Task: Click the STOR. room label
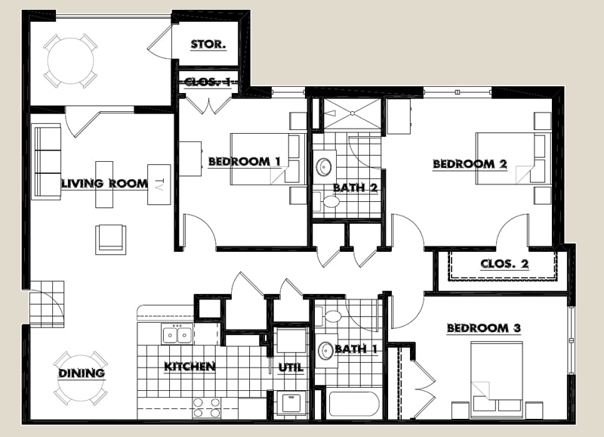[208, 44]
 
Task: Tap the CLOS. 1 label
[208, 82]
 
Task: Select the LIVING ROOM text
[93, 183]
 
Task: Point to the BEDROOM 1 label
[245, 161]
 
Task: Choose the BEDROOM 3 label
[484, 328]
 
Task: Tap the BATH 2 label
[356, 187]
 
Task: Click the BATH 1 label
[356, 349]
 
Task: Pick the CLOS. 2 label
[504, 264]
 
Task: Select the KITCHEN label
[190, 367]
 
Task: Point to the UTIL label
[291, 367]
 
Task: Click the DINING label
[82, 373]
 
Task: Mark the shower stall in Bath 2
[352, 115]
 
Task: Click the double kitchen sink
[178, 333]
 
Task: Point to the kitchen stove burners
[207, 408]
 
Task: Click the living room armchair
[111, 239]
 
